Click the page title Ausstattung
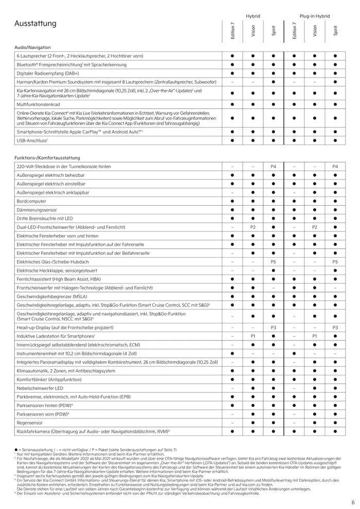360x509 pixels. pyautogui.click(x=35, y=24)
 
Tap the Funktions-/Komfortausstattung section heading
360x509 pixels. pyautogui.click(x=47, y=158)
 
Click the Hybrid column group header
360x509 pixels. pyautogui.click(x=253, y=16)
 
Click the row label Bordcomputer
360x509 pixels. pyautogui.click(x=31, y=201)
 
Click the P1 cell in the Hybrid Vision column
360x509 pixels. pyautogui.click(x=253, y=335)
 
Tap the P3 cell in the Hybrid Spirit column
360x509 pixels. pyautogui.click(x=274, y=327)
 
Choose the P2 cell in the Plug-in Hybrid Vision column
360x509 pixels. pyautogui.click(x=314, y=227)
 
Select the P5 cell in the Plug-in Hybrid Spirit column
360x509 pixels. pyautogui.click(x=335, y=262)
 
